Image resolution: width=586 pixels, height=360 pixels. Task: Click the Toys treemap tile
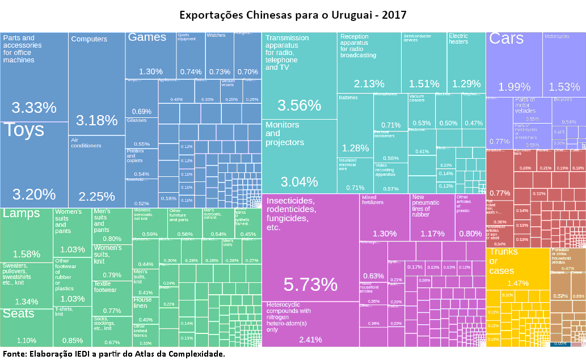click(34, 164)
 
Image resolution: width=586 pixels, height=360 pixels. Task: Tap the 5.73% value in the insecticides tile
click(310, 284)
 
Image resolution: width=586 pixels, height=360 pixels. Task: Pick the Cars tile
click(514, 62)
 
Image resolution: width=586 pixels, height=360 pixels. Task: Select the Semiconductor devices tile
click(424, 62)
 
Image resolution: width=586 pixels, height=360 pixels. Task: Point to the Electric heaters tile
click(466, 62)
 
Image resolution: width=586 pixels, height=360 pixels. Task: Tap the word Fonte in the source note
click(14, 354)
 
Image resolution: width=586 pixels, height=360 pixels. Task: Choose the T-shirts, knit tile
click(72, 327)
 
